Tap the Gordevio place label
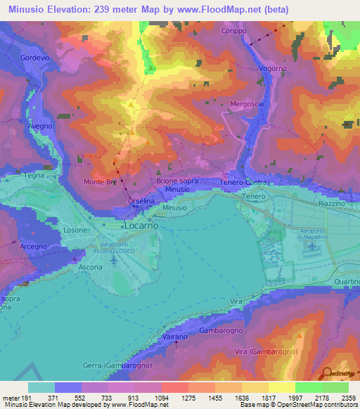click(x=34, y=58)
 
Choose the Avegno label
click(x=39, y=126)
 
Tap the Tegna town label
click(x=34, y=176)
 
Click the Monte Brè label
click(x=100, y=181)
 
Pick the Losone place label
click(x=75, y=230)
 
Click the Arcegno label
click(x=33, y=247)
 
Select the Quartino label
click(x=347, y=282)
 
